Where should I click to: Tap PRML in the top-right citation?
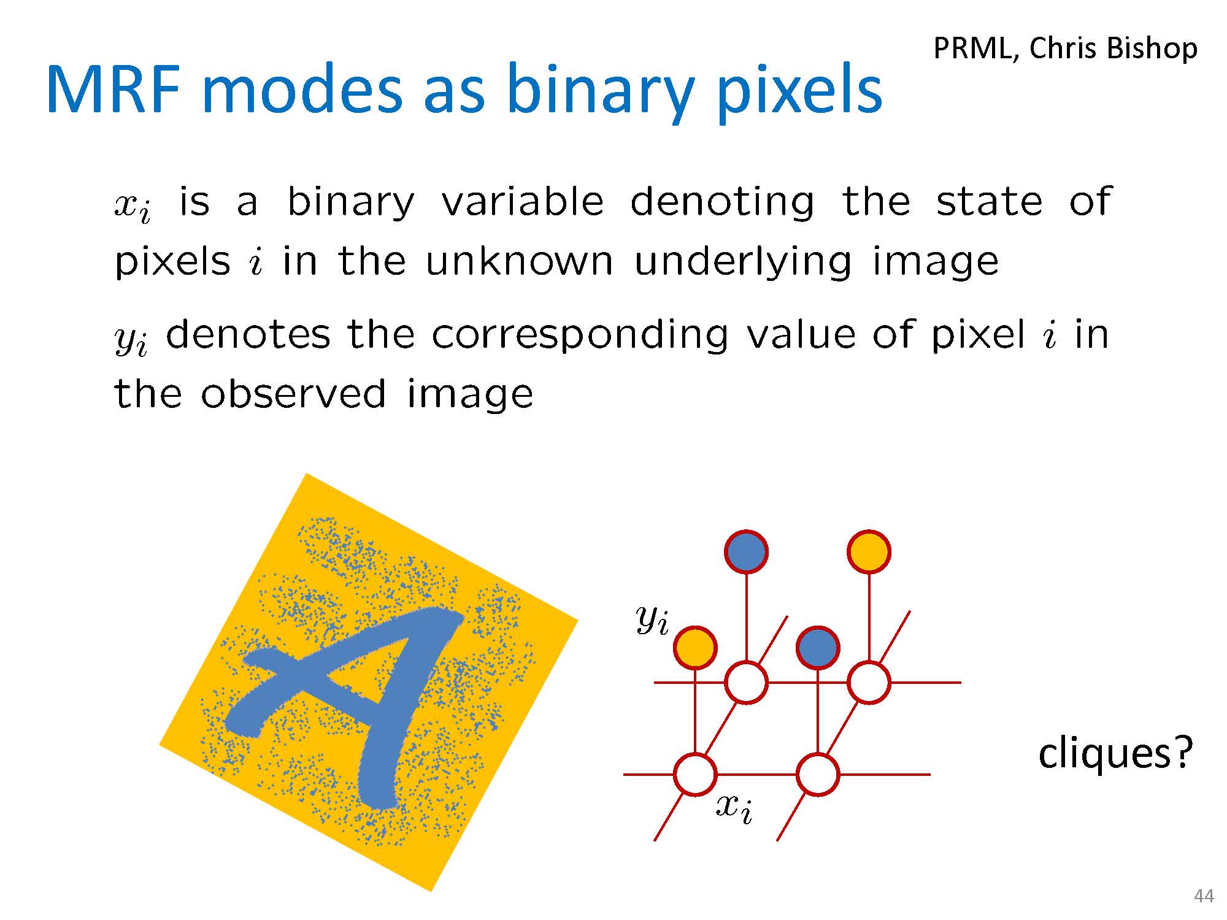coord(973,48)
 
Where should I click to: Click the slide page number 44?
coord(1204,896)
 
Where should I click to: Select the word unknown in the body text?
coord(519,261)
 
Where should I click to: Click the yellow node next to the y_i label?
coord(695,648)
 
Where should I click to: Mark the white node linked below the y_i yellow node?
coord(695,775)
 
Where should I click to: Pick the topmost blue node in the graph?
coord(746,551)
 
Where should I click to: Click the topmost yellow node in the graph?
coord(869,551)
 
